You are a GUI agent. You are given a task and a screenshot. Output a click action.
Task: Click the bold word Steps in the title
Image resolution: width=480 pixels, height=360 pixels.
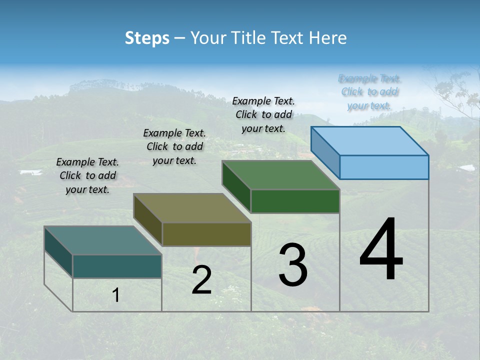click(x=147, y=38)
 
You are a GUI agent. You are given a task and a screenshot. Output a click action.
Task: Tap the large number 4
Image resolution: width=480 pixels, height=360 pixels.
click(x=381, y=249)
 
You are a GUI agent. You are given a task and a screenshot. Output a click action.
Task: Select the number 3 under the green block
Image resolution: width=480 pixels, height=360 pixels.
click(x=292, y=265)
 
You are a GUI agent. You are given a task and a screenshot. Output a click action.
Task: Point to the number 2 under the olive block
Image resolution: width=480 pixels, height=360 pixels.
click(x=201, y=280)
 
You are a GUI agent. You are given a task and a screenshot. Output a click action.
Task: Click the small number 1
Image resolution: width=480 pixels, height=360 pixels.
click(x=116, y=295)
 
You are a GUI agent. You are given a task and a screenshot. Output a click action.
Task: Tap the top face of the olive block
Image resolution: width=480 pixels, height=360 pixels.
click(x=192, y=208)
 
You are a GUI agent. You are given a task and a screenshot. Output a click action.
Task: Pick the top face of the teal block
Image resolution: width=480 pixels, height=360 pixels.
click(x=103, y=240)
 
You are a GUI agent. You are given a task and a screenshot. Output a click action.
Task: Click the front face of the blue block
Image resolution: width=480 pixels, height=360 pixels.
click(x=384, y=167)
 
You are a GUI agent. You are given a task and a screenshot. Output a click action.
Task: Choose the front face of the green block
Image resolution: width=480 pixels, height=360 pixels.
click(x=295, y=201)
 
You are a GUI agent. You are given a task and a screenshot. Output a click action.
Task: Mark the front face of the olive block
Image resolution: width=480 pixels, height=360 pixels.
click(x=206, y=234)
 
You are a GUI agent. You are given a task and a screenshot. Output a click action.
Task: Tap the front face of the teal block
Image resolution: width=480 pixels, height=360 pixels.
click(x=117, y=266)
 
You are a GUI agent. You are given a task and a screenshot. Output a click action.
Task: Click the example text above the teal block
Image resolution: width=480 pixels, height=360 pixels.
click(x=87, y=175)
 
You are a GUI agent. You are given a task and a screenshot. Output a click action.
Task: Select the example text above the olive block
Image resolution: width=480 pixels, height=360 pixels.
click(x=174, y=146)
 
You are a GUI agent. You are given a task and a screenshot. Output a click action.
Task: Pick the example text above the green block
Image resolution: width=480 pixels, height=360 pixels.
click(x=263, y=114)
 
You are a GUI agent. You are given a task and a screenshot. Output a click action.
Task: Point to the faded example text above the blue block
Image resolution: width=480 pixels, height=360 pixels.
click(x=369, y=92)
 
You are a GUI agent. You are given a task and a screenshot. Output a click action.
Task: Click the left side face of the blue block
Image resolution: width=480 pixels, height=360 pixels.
click(x=325, y=152)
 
